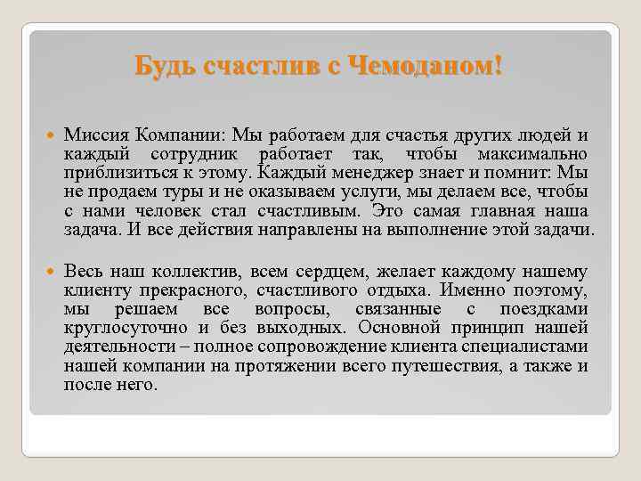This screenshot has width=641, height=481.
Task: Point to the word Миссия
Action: [x=97, y=135]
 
